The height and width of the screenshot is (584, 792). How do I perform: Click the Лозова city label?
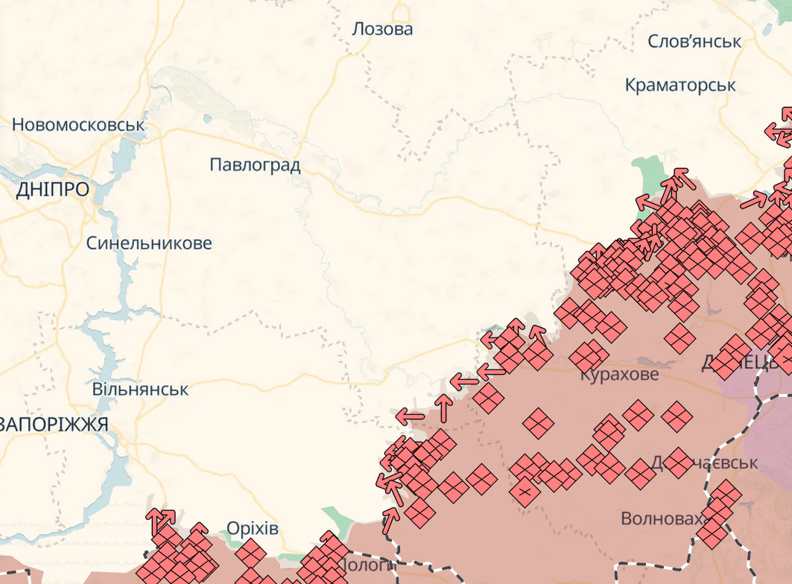point(382,30)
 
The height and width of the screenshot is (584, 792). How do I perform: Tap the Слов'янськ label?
point(694,41)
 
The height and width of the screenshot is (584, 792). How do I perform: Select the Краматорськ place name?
point(680,85)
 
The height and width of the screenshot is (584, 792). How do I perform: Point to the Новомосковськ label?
point(78,124)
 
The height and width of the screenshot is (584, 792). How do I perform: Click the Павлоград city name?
point(255,165)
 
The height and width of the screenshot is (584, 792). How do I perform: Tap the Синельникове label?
point(149,243)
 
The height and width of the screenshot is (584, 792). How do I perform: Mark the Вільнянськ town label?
point(140,389)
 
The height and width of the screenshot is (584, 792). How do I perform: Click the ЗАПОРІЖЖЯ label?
point(54,425)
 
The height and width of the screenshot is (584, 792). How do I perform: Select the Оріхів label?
point(252,529)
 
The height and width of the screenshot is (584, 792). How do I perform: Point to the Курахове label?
point(619,374)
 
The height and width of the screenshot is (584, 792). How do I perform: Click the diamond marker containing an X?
point(525,492)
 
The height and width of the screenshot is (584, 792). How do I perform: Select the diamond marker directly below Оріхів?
point(251,553)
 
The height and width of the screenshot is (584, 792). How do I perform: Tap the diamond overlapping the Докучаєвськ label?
point(677,462)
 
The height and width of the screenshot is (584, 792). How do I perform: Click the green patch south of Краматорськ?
point(646,175)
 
